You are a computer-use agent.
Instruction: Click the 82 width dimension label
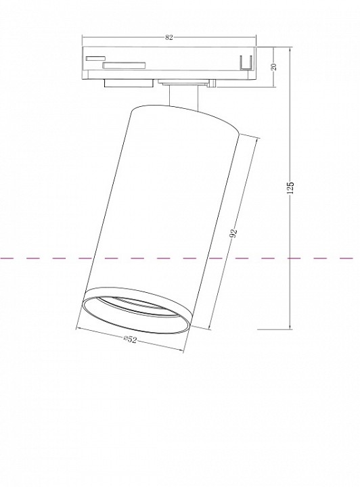click(168, 37)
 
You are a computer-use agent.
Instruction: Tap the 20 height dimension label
click(274, 67)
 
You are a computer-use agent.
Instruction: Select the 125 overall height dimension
click(290, 188)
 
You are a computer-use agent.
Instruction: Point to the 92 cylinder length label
click(234, 234)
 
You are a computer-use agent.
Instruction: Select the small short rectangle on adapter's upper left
click(95, 58)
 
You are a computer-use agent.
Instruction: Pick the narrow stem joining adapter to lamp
click(182, 96)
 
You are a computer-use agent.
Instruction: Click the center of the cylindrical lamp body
click(160, 216)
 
